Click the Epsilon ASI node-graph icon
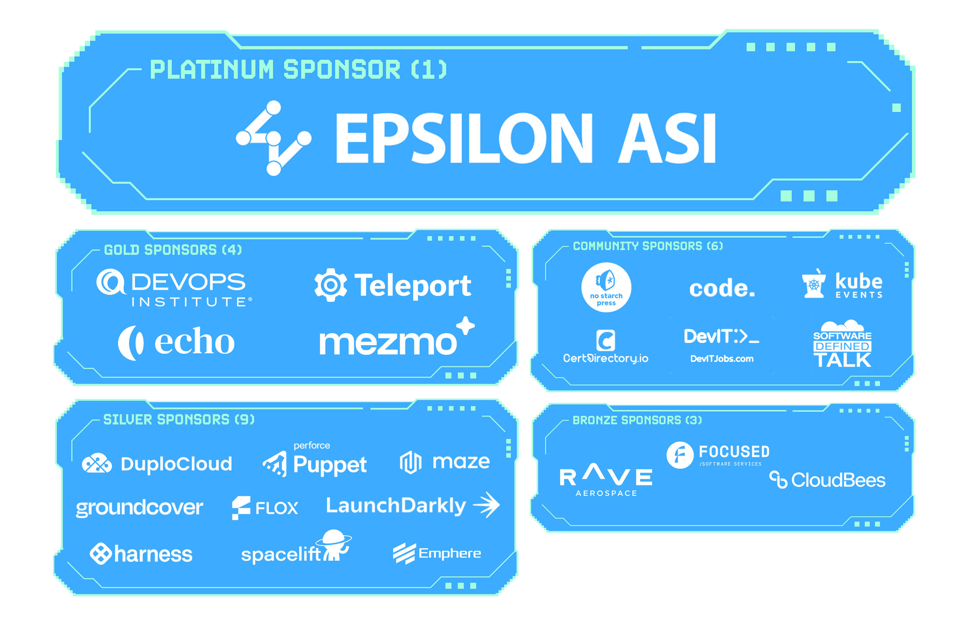[273, 138]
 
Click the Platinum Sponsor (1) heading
[299, 69]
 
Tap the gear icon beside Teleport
[331, 285]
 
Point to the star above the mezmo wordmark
[465, 325]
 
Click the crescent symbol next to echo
[130, 343]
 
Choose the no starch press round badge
[606, 287]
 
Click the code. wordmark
[722, 288]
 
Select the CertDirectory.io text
[606, 358]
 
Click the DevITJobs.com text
[721, 359]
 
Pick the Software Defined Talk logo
[842, 344]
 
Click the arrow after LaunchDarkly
[486, 505]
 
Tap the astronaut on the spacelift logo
[335, 545]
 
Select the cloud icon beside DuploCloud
[97, 464]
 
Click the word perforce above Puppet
[312, 445]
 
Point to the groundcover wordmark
[139, 508]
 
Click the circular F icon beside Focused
[680, 455]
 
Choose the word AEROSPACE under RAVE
[606, 493]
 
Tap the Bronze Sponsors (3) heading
[637, 420]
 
